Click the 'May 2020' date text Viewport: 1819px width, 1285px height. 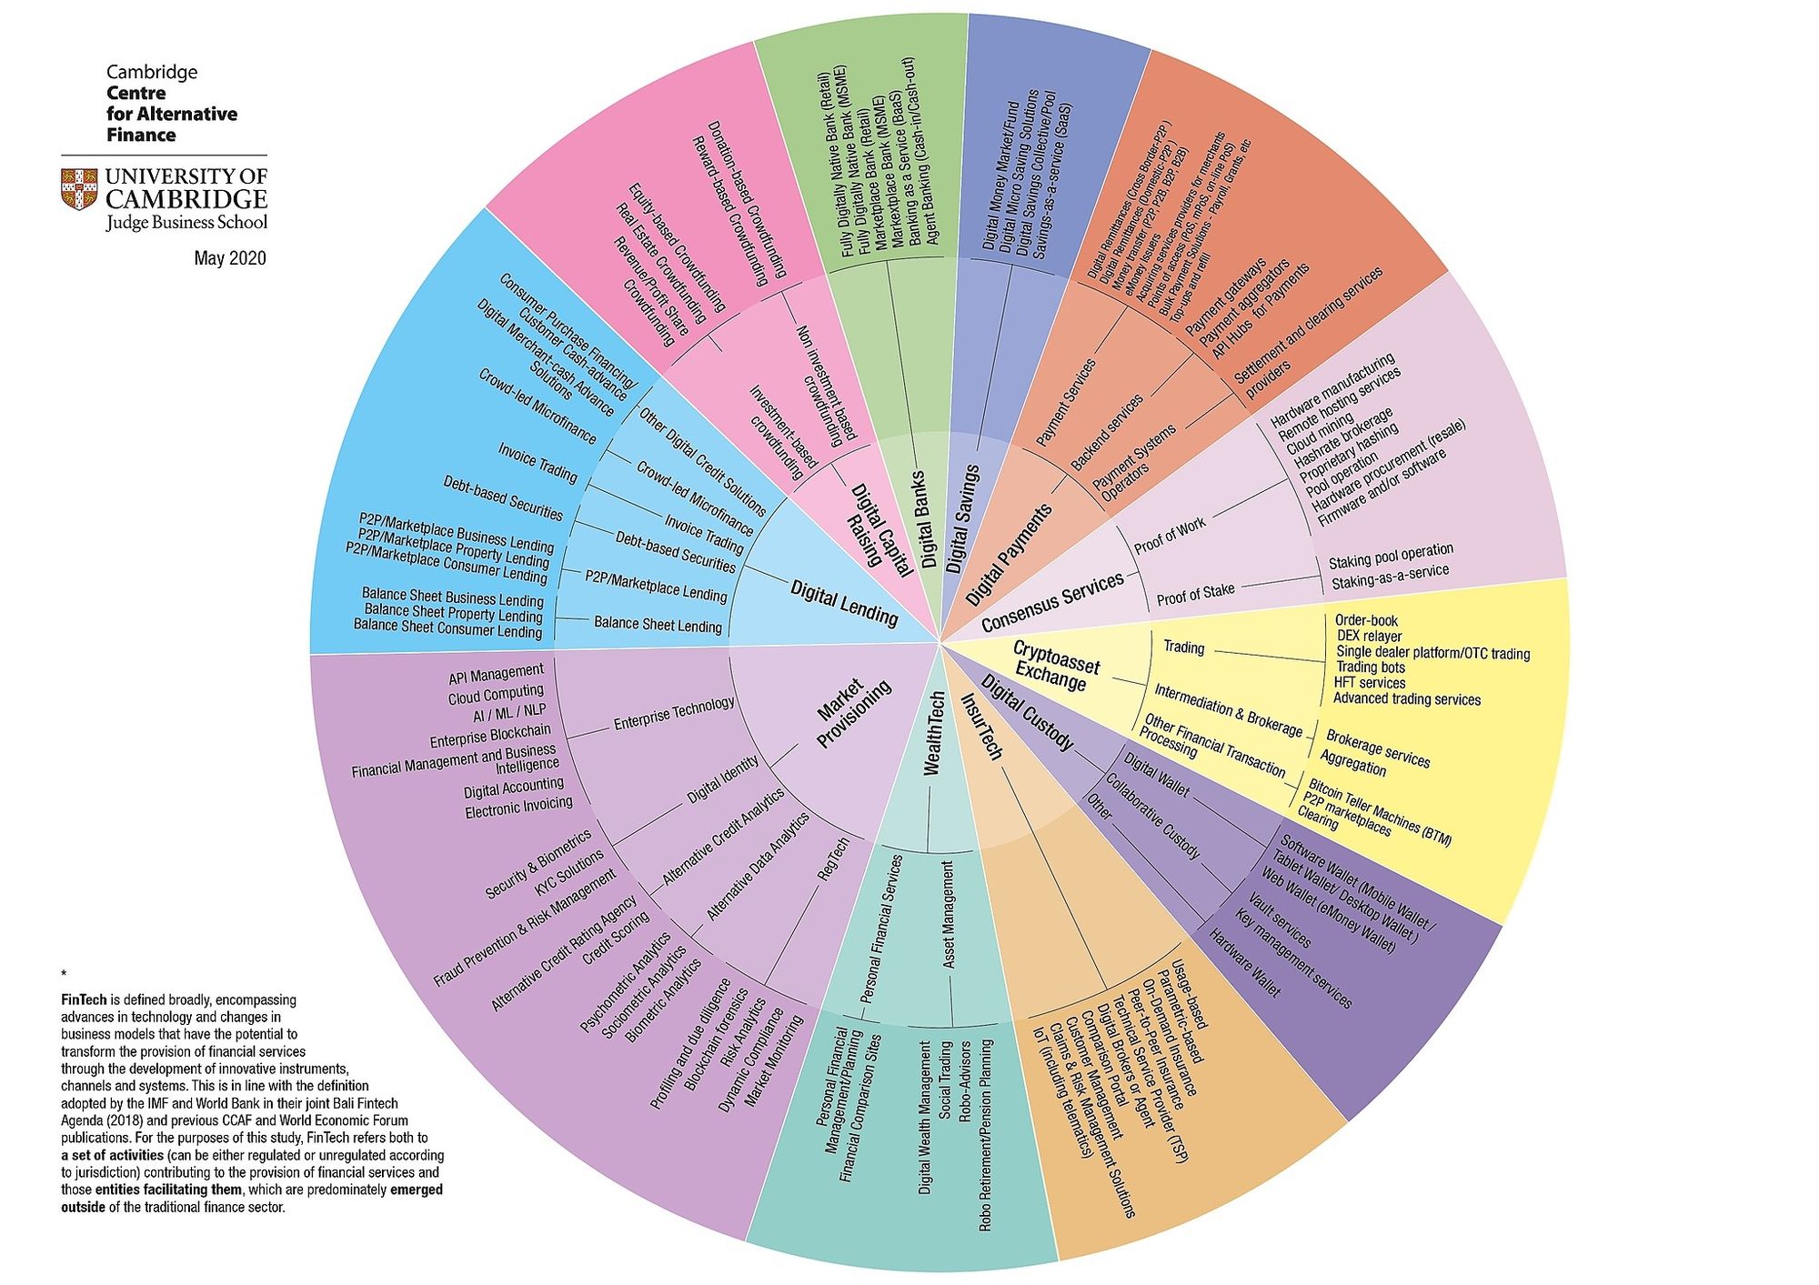230,258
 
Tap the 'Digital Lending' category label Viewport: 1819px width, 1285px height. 844,604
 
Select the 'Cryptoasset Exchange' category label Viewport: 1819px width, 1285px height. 1054,666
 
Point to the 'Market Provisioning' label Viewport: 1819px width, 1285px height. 854,714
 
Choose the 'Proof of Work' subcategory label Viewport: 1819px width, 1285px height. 1170,536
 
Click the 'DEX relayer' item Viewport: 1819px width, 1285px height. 1369,637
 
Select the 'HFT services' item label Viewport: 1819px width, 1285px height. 1369,683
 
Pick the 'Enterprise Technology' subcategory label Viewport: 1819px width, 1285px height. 674,714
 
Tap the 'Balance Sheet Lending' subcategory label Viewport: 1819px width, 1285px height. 658,624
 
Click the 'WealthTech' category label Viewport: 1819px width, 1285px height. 934,734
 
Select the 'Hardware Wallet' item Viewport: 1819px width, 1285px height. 1243,962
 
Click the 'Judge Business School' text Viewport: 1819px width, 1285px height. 186,223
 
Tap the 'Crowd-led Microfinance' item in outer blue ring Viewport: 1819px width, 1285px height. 537,407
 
